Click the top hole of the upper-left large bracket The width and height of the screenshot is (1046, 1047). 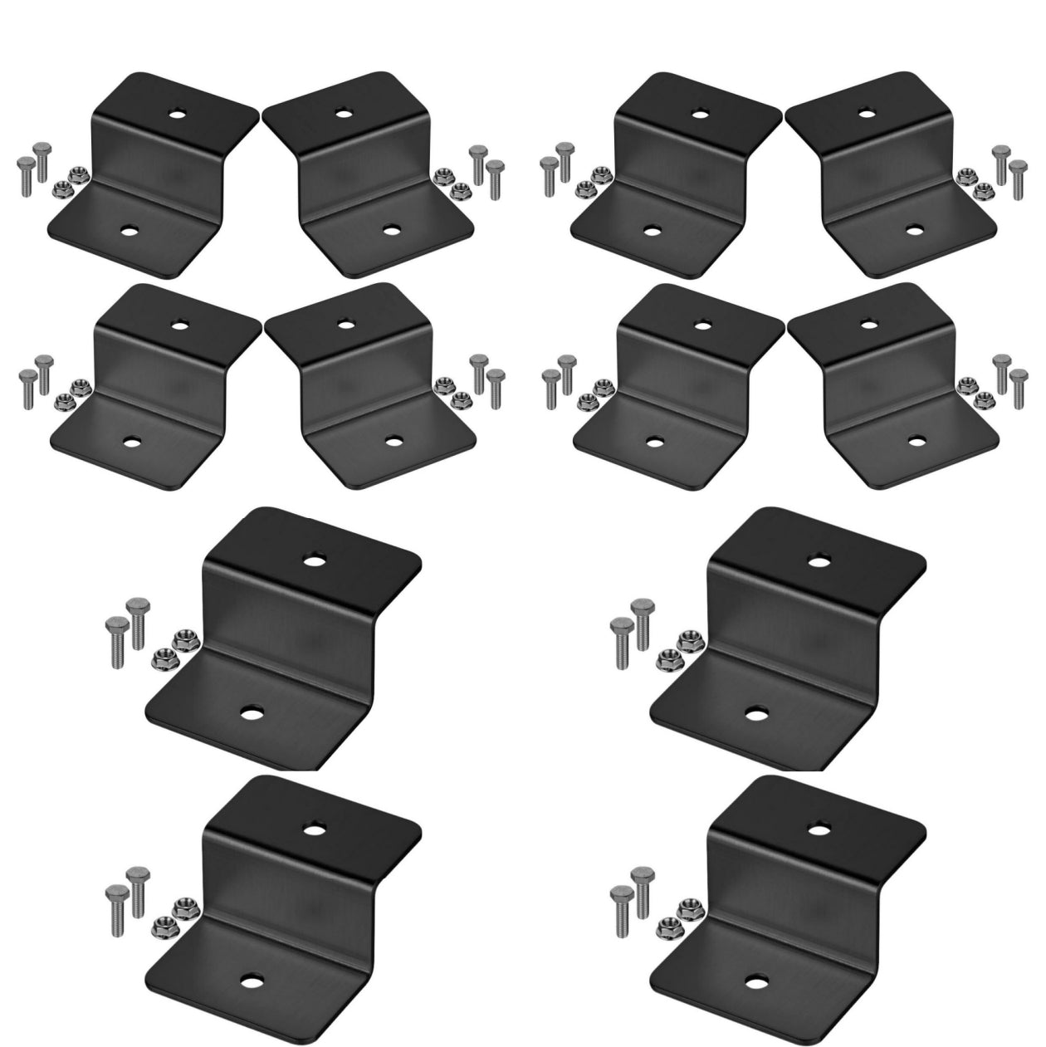coord(313,560)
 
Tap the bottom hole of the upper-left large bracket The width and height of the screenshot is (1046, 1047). coord(252,713)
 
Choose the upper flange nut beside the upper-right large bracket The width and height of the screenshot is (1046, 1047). coord(687,640)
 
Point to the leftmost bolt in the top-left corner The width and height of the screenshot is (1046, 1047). coord(24,174)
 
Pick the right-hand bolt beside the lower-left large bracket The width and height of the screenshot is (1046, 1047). coord(136,888)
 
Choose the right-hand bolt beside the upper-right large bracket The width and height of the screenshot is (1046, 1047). coord(642,621)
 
